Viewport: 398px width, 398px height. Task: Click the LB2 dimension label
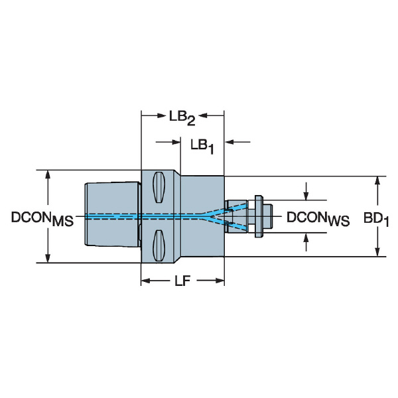182,119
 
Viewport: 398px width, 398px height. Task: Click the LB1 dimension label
202,147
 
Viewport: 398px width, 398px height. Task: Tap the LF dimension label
182,281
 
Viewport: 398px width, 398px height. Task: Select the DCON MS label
42,219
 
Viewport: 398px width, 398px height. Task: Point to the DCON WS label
318,219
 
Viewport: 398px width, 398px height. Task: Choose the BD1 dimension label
376,219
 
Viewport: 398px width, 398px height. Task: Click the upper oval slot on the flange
159,187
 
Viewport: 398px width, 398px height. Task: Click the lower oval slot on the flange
159,245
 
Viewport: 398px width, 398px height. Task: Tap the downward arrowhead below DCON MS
48,258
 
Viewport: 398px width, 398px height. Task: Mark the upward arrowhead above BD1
377,181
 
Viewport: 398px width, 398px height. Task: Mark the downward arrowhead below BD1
377,251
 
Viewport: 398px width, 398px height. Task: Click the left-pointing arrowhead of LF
146,281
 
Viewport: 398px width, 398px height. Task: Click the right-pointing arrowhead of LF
220,281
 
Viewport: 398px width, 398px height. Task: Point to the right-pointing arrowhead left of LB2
162,116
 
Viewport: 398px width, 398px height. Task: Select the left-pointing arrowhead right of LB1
230,142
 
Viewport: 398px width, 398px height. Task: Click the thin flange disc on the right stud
259,216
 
